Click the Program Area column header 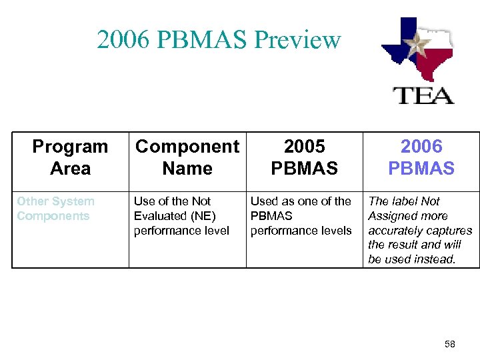click(x=70, y=157)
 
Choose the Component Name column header click(x=187, y=157)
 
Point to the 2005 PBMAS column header click(x=305, y=157)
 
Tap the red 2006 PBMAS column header click(x=421, y=157)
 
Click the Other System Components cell click(x=56, y=208)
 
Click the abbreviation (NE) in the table click(x=203, y=216)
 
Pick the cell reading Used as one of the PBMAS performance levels click(x=301, y=216)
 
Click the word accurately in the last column click(x=397, y=231)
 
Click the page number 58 click(x=449, y=345)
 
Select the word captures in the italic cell click(x=451, y=231)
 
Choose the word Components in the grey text click(x=53, y=216)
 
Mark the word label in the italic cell click(x=405, y=201)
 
